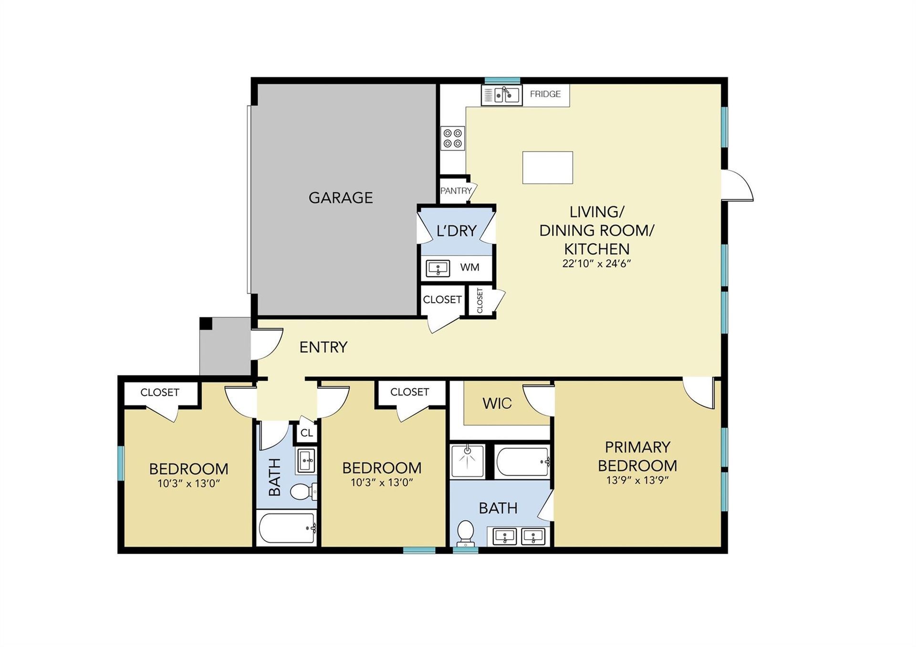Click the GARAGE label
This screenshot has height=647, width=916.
[x=341, y=197]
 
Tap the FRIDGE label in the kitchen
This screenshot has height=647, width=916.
[x=545, y=94]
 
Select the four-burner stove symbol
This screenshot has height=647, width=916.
[x=453, y=138]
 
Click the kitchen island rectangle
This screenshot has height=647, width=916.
[x=548, y=167]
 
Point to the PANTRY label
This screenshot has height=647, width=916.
[x=456, y=191]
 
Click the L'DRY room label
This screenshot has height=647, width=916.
[x=457, y=231]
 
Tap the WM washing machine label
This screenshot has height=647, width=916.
[x=470, y=267]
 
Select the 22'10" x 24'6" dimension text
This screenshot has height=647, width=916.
[x=597, y=263]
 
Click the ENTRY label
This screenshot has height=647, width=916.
[x=323, y=347]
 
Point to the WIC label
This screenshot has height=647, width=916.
[x=497, y=403]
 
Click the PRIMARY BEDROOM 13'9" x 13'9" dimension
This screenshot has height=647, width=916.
[x=637, y=480]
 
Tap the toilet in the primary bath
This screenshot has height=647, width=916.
[x=465, y=533]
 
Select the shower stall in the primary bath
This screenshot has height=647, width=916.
[x=468, y=462]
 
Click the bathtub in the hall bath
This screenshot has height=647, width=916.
[x=286, y=528]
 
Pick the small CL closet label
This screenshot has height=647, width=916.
[x=307, y=433]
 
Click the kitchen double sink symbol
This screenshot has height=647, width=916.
[x=501, y=95]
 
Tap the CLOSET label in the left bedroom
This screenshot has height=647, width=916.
[x=160, y=392]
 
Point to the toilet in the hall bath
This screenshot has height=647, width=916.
[x=303, y=492]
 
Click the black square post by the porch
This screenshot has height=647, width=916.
[x=206, y=323]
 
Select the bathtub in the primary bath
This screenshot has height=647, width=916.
[x=523, y=462]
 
